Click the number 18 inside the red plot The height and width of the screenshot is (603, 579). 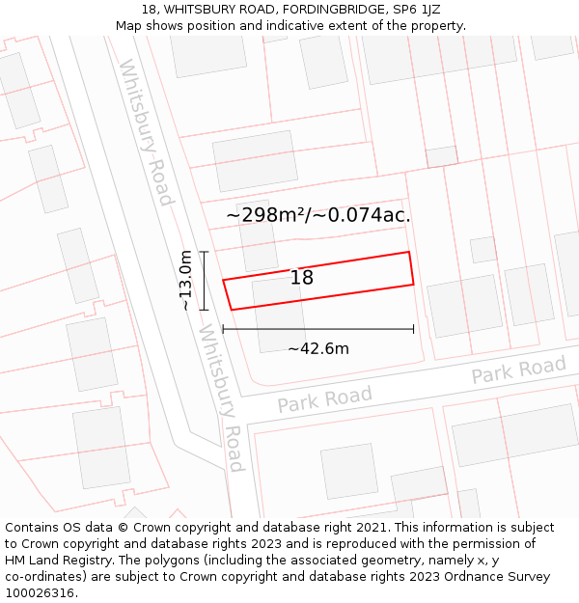pyautogui.click(x=302, y=278)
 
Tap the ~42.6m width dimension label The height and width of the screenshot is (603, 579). pyautogui.click(x=318, y=348)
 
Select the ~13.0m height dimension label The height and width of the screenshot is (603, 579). pyautogui.click(x=185, y=281)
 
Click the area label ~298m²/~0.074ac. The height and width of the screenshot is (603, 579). pyautogui.click(x=318, y=215)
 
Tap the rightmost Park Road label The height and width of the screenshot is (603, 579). pyautogui.click(x=518, y=370)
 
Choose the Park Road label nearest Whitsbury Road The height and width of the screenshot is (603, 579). pyautogui.click(x=324, y=398)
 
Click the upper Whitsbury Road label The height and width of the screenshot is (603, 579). pyautogui.click(x=146, y=132)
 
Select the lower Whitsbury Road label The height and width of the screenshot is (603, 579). pyautogui.click(x=221, y=397)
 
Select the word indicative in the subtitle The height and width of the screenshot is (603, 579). pyautogui.click(x=273, y=26)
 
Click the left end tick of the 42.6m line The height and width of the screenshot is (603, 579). pyautogui.click(x=223, y=329)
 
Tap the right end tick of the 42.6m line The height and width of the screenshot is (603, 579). pyautogui.click(x=414, y=329)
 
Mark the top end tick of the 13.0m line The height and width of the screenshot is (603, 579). pyautogui.click(x=204, y=252)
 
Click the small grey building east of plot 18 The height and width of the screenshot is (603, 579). pyautogui.click(x=482, y=250)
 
